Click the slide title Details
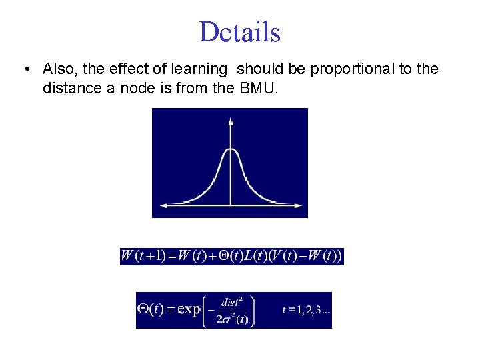pos(239,32)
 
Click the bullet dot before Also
pos(25,69)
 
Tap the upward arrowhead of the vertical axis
pos(231,122)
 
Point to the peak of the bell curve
pos(231,151)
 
